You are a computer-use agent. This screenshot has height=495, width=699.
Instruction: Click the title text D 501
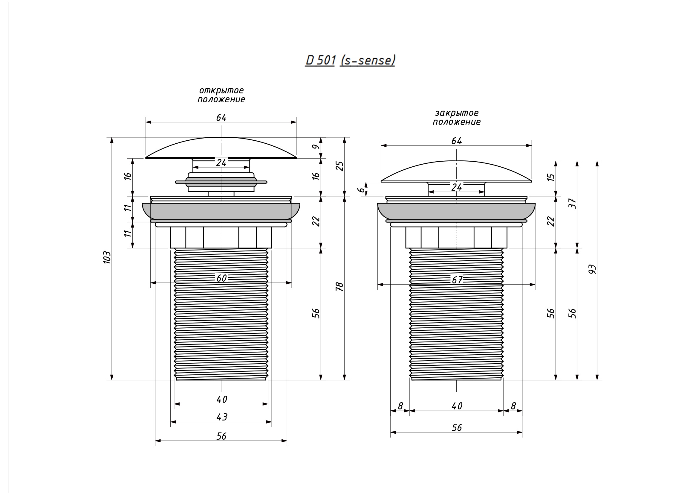(x=320, y=60)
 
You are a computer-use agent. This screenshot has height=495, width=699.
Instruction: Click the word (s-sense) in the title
(x=368, y=60)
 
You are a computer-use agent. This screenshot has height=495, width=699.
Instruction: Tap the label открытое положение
(x=221, y=95)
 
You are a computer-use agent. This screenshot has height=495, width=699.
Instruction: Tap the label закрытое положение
(x=457, y=117)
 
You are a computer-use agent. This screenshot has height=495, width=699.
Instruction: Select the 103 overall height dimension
(x=107, y=258)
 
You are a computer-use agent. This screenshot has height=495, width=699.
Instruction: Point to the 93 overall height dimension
(x=592, y=269)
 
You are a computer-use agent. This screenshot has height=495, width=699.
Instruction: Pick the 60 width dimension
(x=222, y=278)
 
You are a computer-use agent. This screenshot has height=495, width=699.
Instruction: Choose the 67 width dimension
(x=457, y=280)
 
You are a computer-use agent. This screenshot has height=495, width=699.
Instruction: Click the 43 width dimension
(x=222, y=417)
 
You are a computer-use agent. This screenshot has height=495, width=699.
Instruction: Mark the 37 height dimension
(x=573, y=204)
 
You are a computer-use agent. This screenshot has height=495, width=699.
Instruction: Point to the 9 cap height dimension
(x=316, y=147)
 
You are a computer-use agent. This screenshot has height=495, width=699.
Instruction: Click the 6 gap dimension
(x=361, y=189)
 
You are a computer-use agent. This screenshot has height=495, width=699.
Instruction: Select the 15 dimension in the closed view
(x=551, y=177)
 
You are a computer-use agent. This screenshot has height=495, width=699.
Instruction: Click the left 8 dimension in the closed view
(x=400, y=406)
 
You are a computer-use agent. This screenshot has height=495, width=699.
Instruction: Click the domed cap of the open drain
(x=221, y=148)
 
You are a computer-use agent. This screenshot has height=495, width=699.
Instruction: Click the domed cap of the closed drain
(x=456, y=171)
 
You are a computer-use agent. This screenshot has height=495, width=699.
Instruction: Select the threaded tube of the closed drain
(x=456, y=314)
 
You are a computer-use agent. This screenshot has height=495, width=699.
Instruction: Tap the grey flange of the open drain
(x=221, y=211)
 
